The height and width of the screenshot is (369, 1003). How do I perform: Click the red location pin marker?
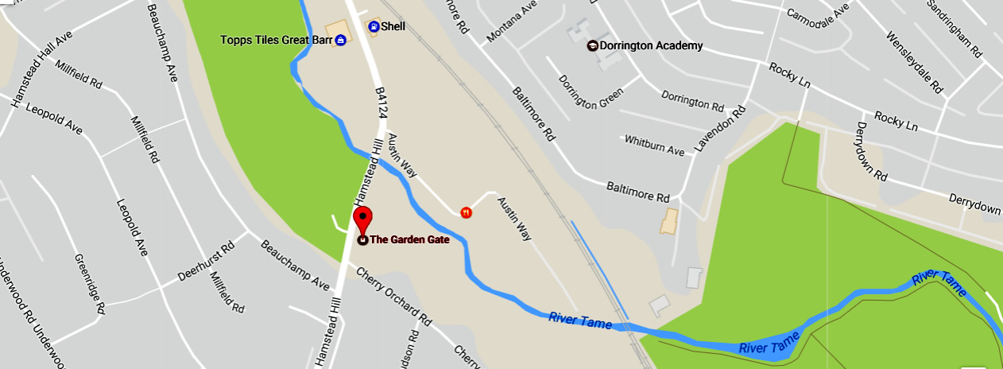[x=362, y=220]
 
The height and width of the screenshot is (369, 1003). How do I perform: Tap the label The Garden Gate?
[x=410, y=239]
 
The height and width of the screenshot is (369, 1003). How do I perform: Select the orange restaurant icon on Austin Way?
[x=466, y=212]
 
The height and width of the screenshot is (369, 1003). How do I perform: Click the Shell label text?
[x=393, y=27]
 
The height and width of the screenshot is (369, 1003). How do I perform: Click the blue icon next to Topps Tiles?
[x=340, y=40]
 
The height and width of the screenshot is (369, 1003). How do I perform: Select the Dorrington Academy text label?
[x=651, y=46]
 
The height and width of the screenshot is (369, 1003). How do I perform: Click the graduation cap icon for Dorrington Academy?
[x=592, y=46]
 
